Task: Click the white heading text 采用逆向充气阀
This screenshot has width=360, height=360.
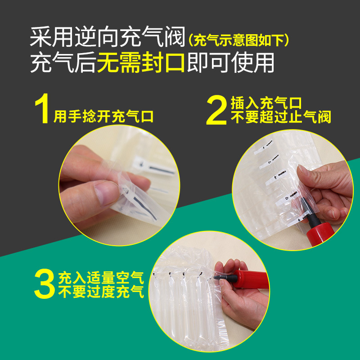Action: [x=108, y=39]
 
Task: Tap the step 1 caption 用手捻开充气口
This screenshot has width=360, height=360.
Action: [x=103, y=117]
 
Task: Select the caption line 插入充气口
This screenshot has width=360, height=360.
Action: [x=265, y=103]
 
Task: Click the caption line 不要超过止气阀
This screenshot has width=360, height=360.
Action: [x=281, y=118]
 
